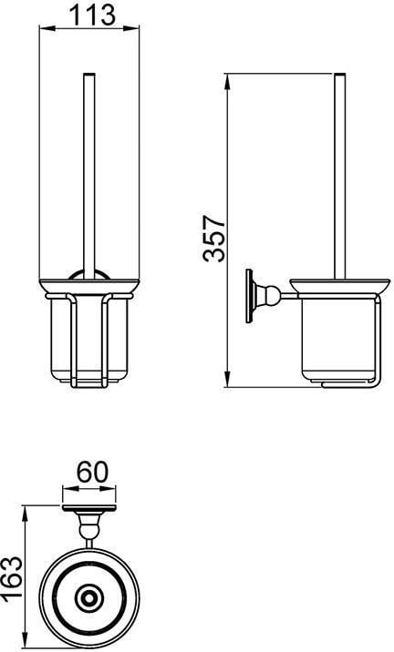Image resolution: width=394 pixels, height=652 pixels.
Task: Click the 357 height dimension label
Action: pos(214,239)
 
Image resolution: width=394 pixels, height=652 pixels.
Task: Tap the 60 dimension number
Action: pos(92,472)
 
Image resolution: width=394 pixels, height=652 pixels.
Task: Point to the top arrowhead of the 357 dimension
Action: pos(227,82)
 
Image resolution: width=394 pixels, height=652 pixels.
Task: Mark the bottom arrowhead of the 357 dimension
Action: pos(227,379)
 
